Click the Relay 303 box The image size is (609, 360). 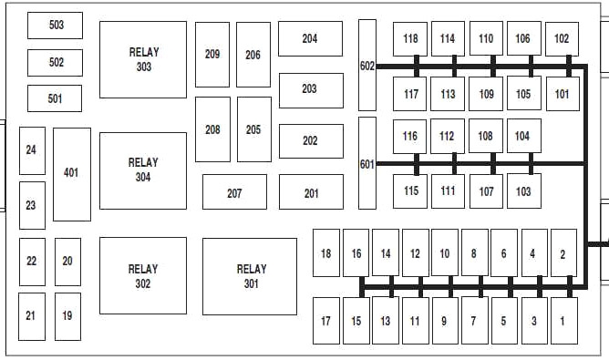143,59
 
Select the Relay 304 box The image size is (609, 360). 143,170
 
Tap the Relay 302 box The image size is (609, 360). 143,276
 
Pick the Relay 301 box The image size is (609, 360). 250,276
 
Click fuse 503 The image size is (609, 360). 55,26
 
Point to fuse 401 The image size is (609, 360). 72,174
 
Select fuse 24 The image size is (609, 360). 32,150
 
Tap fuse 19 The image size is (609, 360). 68,316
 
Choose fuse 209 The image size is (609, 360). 212,55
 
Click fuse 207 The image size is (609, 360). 234,191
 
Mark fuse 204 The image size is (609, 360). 310,39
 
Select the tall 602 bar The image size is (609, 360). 367,66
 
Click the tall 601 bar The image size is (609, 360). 367,163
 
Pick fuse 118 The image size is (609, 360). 410,39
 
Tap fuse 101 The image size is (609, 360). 563,94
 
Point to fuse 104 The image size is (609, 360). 524,136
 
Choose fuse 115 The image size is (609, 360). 410,191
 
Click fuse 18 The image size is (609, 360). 326,252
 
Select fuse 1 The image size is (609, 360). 564,321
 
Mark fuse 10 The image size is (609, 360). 445,252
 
